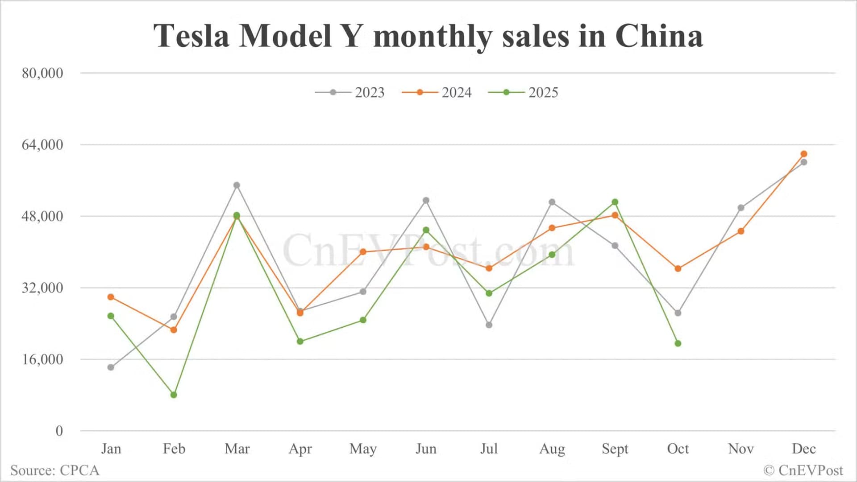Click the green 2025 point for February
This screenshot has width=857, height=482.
(174, 395)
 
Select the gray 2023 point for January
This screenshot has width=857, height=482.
(111, 367)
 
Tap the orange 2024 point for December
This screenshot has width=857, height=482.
(804, 154)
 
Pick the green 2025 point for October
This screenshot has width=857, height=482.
(678, 343)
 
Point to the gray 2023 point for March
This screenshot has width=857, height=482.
(237, 185)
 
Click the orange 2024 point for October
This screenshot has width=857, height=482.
(678, 269)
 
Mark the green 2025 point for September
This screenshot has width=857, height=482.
(615, 202)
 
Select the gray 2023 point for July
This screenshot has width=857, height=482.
(489, 325)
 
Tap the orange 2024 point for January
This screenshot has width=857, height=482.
(111, 297)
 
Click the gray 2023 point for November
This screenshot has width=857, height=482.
(741, 208)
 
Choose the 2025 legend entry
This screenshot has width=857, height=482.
(524, 92)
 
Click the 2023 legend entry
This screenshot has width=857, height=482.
(350, 92)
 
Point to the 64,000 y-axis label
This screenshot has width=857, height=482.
(42, 144)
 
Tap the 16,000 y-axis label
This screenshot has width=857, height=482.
(42, 359)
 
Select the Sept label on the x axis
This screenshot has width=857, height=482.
(615, 449)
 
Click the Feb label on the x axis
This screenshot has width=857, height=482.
(174, 449)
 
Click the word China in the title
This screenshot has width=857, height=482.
(659, 36)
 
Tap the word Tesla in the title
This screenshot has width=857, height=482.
(191, 36)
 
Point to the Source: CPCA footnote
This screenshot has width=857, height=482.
(54, 470)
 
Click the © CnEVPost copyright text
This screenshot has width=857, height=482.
(803, 470)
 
